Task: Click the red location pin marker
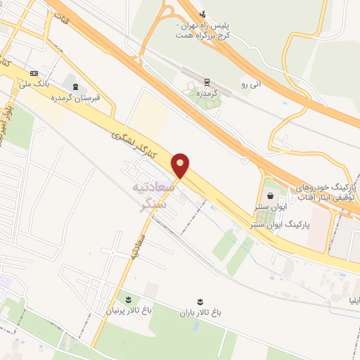pyautogui.click(x=181, y=165)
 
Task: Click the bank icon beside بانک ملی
pyautogui.click(x=34, y=73)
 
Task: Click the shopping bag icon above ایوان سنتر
pyautogui.click(x=270, y=196)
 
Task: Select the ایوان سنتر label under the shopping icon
pyautogui.click(x=270, y=208)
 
